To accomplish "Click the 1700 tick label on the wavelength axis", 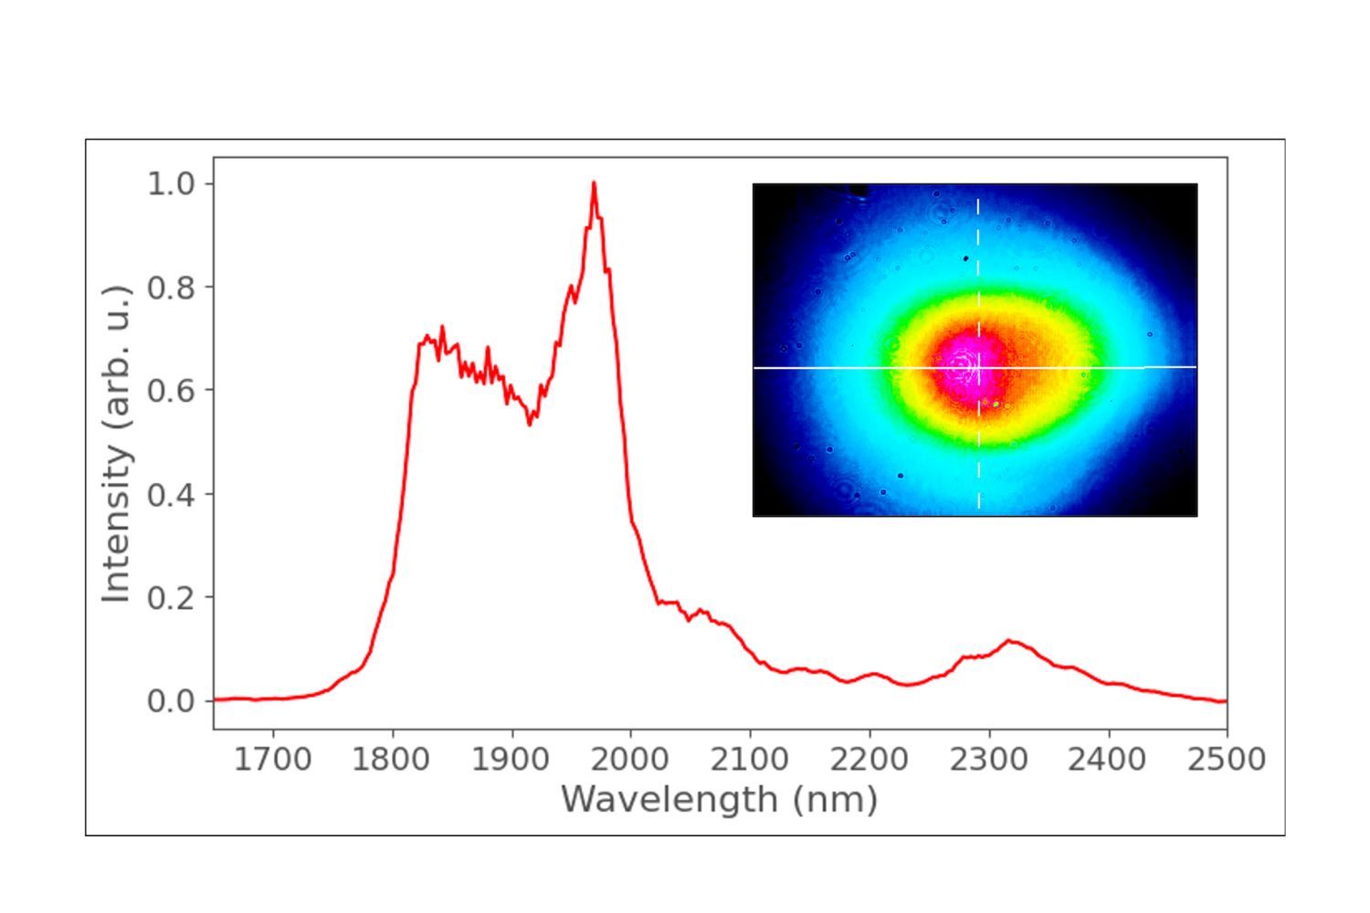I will [272, 759].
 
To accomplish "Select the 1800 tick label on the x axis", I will [392, 759].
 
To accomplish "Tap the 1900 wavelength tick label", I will [511, 759].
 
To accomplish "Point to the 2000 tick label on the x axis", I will [630, 759].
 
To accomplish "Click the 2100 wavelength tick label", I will [750, 759].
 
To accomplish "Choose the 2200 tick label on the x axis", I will [869, 759].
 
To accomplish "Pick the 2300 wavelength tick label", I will [988, 759].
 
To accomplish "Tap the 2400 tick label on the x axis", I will [1108, 759].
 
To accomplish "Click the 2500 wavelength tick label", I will [1227, 759].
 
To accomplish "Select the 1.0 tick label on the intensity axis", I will [171, 184].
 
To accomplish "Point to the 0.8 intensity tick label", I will [171, 287].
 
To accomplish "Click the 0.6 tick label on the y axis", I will [171, 390].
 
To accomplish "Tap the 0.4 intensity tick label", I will [171, 494].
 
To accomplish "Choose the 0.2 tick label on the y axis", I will [171, 597].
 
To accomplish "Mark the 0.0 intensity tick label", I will [171, 701].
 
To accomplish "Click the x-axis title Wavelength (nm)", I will [720, 800].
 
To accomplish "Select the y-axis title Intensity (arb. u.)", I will [117, 443].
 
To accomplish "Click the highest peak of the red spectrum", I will [594, 184].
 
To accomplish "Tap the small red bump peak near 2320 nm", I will [1010, 641].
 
